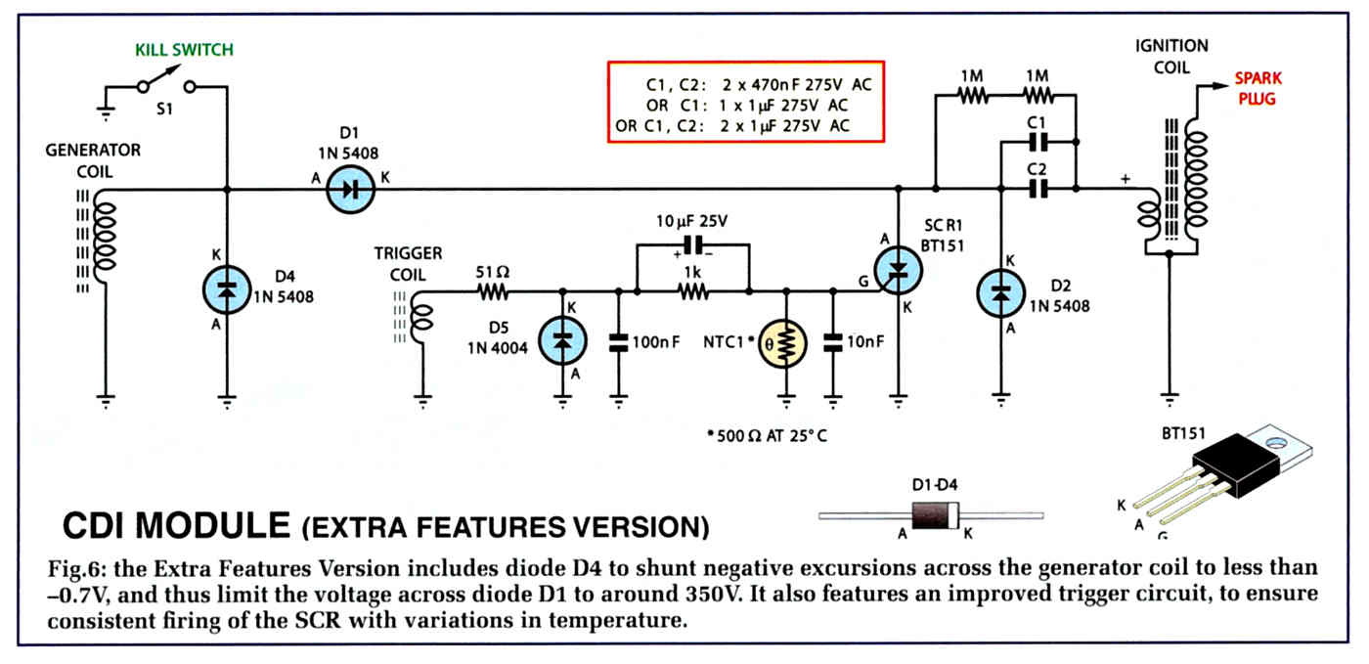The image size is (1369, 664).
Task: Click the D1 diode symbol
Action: pyautogui.click(x=350, y=190)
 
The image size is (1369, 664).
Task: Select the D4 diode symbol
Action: pyautogui.click(x=227, y=289)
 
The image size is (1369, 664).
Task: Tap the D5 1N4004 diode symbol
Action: pyautogui.click(x=562, y=341)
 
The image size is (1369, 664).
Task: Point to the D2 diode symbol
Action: pyautogui.click(x=1001, y=293)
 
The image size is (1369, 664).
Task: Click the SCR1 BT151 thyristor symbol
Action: pyautogui.click(x=898, y=270)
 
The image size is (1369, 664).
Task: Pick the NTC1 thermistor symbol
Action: pyautogui.click(x=782, y=343)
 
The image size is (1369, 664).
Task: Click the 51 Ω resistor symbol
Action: pyautogui.click(x=493, y=292)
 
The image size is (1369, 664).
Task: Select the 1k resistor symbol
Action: pyautogui.click(x=693, y=292)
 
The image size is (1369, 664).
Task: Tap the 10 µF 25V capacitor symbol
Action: pyautogui.click(x=693, y=244)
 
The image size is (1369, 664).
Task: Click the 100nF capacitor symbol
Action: pyautogui.click(x=618, y=343)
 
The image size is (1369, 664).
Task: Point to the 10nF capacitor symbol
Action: pyautogui.click(x=832, y=343)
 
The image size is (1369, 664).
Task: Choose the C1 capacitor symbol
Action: pyautogui.click(x=1038, y=143)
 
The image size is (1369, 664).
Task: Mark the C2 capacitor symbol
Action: pyautogui.click(x=1038, y=189)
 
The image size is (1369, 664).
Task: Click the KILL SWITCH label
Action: pyautogui.click(x=184, y=50)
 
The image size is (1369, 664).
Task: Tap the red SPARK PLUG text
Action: pyautogui.click(x=1258, y=89)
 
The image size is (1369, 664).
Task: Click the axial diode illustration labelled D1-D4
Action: pyautogui.click(x=931, y=515)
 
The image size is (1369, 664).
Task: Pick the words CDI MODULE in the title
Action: pyautogui.click(x=176, y=526)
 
